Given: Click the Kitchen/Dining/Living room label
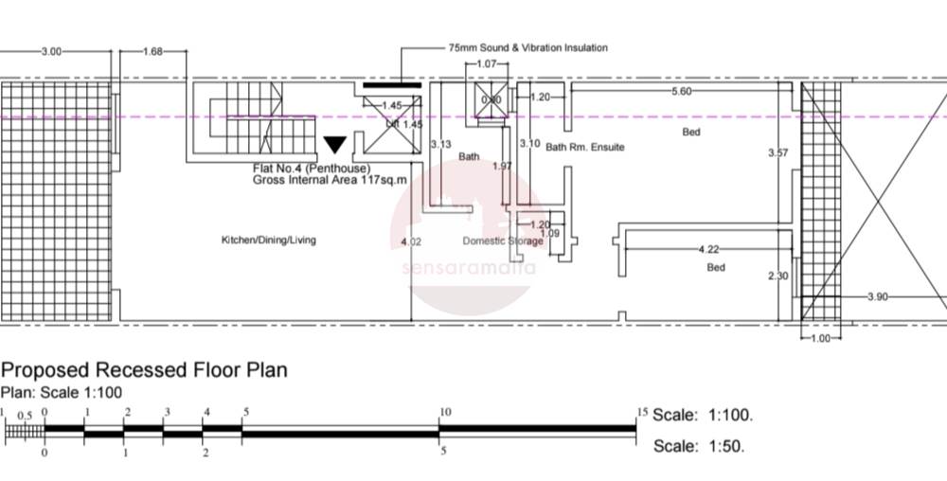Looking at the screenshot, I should (269, 240).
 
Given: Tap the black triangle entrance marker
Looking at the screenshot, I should (335, 145).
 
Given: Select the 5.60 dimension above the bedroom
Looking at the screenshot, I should (681, 92).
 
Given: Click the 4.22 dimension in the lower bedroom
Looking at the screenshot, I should (707, 250).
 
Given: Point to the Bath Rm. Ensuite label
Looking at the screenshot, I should (584, 148).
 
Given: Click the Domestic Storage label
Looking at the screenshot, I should (503, 240).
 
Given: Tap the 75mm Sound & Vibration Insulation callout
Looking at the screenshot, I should (527, 47).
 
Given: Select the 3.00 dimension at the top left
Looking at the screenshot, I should (51, 52).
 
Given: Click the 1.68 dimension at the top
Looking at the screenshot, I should (152, 52).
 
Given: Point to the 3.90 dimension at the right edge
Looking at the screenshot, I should (878, 297).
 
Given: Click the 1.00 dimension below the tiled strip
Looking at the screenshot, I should (820, 338).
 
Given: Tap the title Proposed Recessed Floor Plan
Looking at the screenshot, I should (144, 369).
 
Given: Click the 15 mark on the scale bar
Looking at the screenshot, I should (642, 412).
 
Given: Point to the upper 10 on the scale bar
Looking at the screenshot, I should (444, 412).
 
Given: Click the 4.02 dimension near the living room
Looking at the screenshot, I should (411, 243).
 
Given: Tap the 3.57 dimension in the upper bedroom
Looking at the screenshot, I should (778, 152).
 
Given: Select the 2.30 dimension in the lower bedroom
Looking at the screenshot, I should (777, 276).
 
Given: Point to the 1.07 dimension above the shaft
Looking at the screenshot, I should (487, 64).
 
